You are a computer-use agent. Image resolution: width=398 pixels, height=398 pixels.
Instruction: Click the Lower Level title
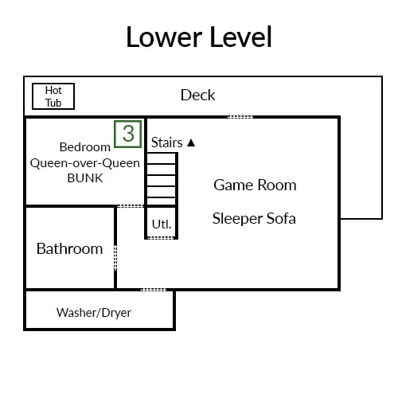199,37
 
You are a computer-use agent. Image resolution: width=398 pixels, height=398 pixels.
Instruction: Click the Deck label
197,95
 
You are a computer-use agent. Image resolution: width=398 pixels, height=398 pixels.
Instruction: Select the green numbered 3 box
128,134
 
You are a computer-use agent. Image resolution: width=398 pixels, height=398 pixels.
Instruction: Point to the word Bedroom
85,147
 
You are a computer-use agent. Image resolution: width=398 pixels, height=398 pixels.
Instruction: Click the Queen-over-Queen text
85,163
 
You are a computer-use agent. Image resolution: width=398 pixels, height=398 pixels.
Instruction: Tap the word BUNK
85,178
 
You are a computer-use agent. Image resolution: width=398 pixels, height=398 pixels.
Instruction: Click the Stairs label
166,142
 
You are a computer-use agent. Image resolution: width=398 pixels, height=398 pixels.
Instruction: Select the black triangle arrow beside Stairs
191,142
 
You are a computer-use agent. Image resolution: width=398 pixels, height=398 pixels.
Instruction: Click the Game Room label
255,185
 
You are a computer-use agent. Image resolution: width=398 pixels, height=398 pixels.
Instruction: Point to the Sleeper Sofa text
254,219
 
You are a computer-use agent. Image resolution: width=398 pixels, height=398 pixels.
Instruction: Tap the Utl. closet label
162,224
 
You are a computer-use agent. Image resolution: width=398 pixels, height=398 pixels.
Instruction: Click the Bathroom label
69,248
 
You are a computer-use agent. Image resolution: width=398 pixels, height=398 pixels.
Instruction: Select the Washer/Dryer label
94,313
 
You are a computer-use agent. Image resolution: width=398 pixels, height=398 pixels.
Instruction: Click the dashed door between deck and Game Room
240,117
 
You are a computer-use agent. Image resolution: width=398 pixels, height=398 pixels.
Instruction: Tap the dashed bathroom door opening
115,257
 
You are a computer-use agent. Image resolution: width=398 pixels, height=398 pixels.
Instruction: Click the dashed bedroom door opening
131,206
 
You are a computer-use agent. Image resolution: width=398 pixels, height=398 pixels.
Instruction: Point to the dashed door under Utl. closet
162,238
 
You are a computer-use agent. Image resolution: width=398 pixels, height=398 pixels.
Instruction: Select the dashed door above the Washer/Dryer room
154,290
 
